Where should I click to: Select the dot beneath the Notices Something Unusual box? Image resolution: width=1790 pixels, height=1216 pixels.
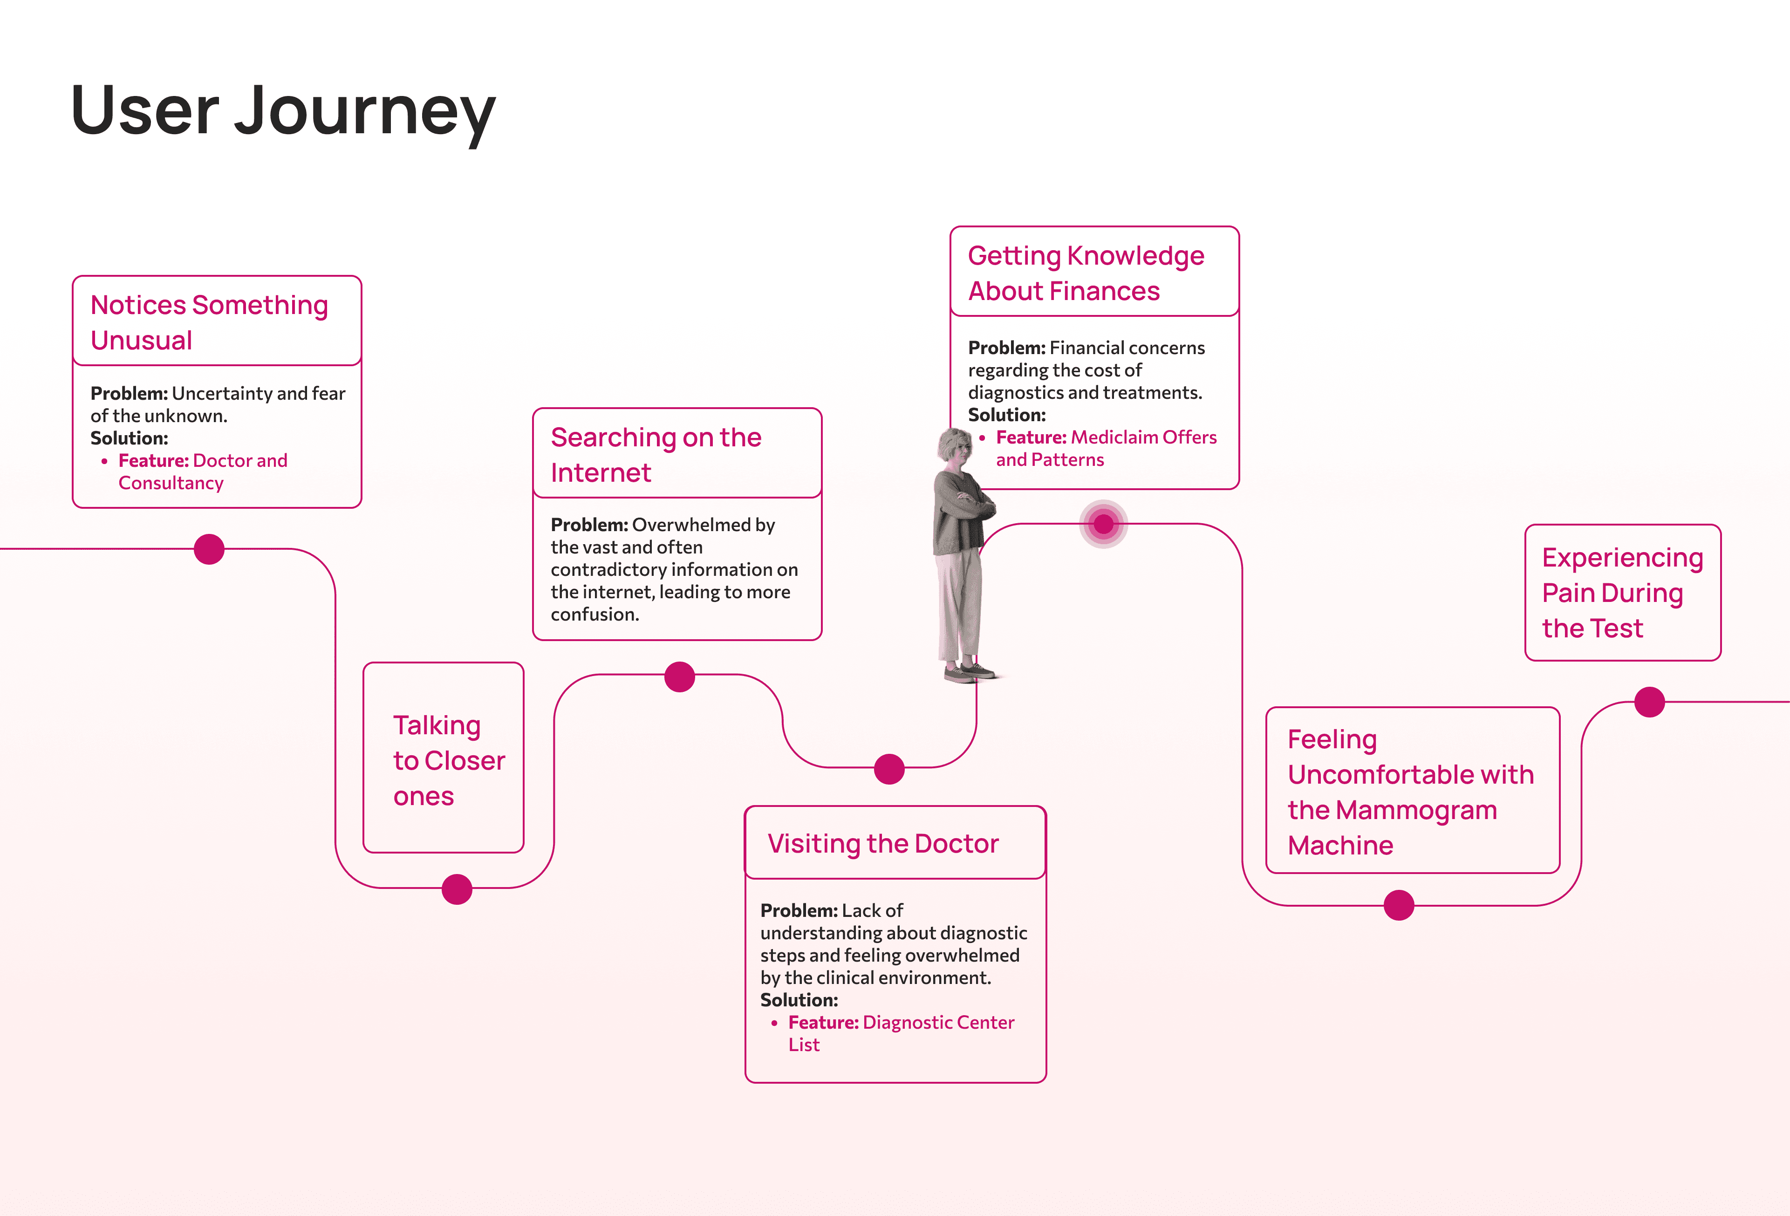209,549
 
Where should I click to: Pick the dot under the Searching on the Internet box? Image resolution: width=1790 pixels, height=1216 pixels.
679,677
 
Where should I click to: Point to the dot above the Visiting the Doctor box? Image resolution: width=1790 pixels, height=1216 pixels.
889,769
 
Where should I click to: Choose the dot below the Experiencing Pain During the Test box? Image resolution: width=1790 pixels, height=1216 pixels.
1649,702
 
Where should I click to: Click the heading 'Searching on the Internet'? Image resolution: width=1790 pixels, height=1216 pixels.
656,454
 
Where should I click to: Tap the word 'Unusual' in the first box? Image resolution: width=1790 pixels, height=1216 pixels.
142,341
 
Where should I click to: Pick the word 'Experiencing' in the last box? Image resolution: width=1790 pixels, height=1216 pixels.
1622,558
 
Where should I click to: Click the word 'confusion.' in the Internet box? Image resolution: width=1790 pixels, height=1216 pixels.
594,615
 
